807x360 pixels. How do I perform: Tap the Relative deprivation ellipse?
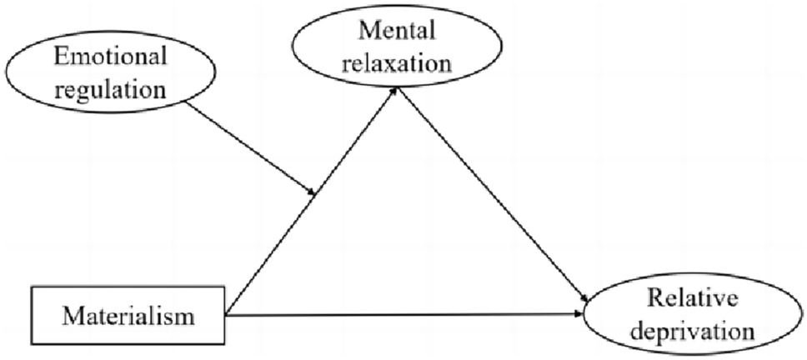point(697,316)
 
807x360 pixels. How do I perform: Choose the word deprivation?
point(697,331)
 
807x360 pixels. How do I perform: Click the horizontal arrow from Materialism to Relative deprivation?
point(400,315)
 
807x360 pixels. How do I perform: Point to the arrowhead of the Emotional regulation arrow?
point(313,195)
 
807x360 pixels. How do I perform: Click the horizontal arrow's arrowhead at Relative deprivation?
point(583,315)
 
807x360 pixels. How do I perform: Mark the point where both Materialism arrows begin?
point(226,314)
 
